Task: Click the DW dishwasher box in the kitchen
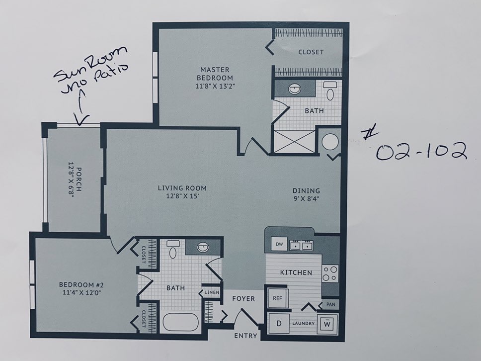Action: (x=279, y=244)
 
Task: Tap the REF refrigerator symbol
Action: (x=277, y=298)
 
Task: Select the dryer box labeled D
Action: (x=279, y=324)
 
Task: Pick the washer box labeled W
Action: (x=327, y=324)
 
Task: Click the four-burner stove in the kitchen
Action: (x=330, y=273)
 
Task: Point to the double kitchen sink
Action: (x=301, y=245)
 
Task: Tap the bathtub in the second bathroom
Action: (x=181, y=322)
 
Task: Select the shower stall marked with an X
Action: (x=294, y=141)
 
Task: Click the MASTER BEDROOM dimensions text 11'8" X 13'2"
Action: (x=215, y=86)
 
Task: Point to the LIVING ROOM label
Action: (x=182, y=188)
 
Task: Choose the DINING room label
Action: (x=306, y=190)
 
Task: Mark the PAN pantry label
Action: (x=331, y=304)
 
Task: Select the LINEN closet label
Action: (x=212, y=292)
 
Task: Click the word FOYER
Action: (x=243, y=298)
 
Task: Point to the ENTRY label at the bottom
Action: (x=245, y=336)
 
